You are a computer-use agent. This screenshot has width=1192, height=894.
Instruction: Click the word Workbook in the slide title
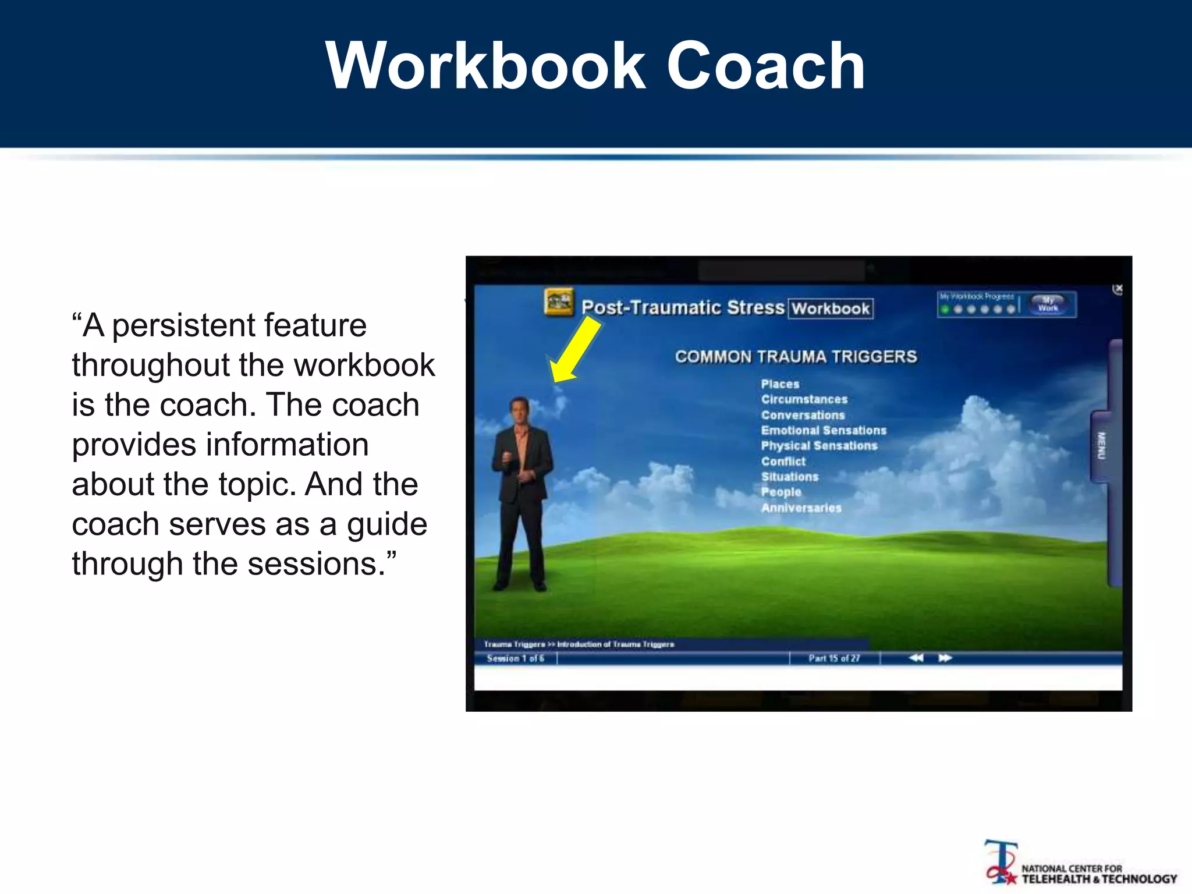pyautogui.click(x=486, y=65)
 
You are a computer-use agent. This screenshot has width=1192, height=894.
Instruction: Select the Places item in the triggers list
pyautogui.click(x=780, y=384)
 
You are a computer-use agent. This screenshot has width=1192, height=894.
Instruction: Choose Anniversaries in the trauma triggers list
pyautogui.click(x=801, y=508)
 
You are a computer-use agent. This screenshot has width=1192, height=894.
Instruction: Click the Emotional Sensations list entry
pyautogui.click(x=823, y=430)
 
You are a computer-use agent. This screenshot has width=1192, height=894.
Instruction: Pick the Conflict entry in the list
pyautogui.click(x=783, y=461)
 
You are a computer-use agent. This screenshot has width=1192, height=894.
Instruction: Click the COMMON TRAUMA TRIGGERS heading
pyautogui.click(x=796, y=356)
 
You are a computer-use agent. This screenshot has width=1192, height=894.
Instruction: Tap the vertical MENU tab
pyautogui.click(x=1101, y=445)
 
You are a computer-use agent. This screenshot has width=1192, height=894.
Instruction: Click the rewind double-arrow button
pyautogui.click(x=916, y=658)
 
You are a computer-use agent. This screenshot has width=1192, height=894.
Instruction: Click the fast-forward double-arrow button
pyautogui.click(x=945, y=658)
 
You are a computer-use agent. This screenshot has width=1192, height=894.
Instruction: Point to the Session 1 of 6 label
pyautogui.click(x=515, y=658)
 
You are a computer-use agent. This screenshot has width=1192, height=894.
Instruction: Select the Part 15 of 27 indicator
pyautogui.click(x=833, y=658)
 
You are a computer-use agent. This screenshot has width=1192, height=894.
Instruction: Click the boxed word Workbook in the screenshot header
pyautogui.click(x=831, y=308)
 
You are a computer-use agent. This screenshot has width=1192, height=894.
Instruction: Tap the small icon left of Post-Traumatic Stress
pyautogui.click(x=559, y=302)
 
